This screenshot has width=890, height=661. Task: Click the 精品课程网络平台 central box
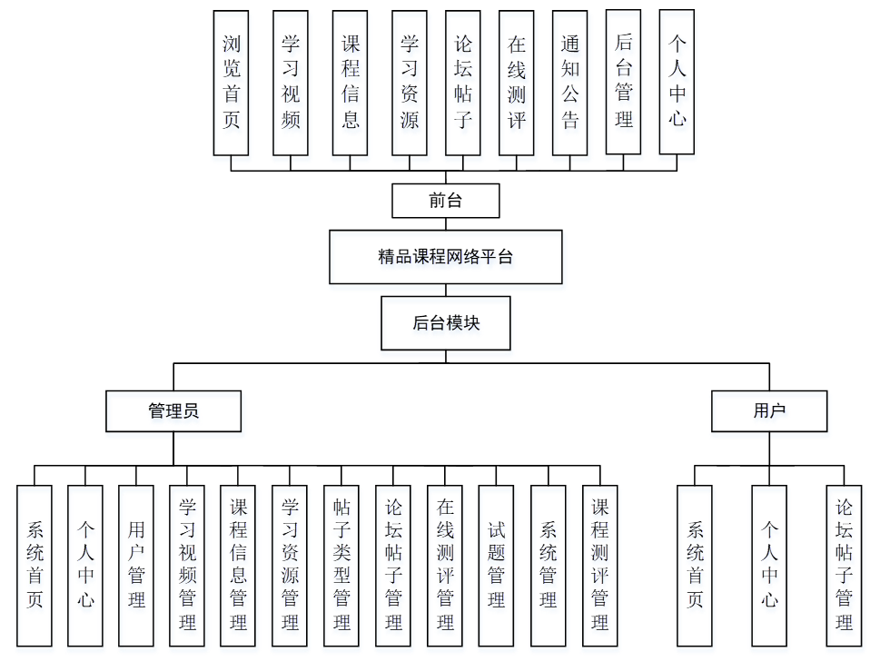click(x=445, y=257)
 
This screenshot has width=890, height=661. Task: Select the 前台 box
click(x=445, y=201)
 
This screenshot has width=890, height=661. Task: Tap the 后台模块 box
click(x=445, y=323)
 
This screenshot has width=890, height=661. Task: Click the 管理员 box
click(x=173, y=410)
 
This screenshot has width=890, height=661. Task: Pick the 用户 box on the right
click(x=769, y=410)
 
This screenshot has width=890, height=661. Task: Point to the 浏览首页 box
click(x=232, y=82)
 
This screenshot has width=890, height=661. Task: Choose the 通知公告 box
click(x=570, y=82)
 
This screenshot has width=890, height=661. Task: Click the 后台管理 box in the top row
click(x=624, y=82)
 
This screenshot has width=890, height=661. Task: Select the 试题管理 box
click(x=497, y=565)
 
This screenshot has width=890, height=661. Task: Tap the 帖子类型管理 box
click(x=342, y=565)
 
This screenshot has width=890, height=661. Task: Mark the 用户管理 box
click(x=136, y=565)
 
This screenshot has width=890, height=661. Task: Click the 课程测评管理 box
click(x=600, y=565)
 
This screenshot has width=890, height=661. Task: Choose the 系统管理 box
click(x=549, y=565)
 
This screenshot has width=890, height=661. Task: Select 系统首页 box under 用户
click(x=695, y=565)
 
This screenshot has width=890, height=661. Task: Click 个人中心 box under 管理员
click(x=85, y=565)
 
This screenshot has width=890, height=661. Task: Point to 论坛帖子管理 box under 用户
click(x=845, y=565)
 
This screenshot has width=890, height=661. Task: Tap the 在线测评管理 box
click(x=445, y=565)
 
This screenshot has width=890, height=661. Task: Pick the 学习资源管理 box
click(x=291, y=565)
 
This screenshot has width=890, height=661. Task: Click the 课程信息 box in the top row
click(x=351, y=82)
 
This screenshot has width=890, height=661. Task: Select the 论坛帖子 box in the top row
click(x=463, y=82)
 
